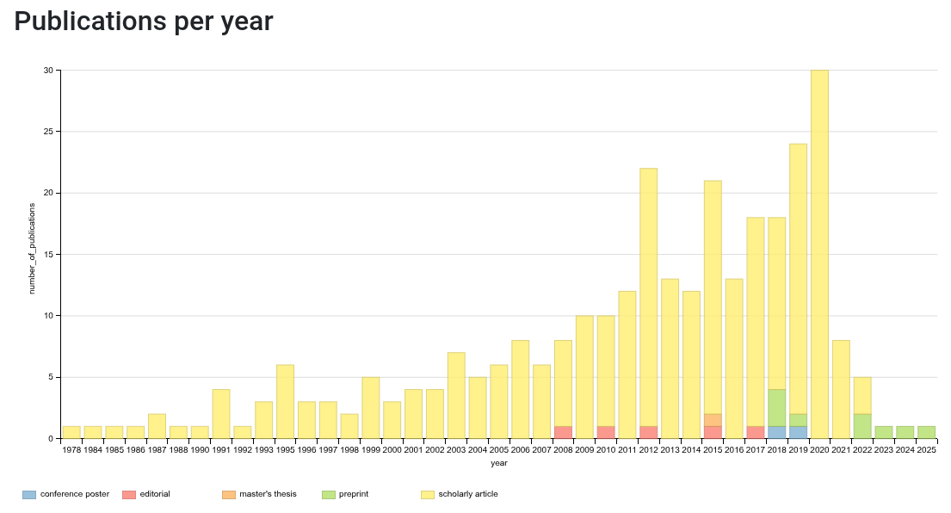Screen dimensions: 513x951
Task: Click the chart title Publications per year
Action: tap(144, 22)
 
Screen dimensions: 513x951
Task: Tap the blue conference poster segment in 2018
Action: tap(776, 432)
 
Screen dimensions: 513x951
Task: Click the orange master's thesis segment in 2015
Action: tap(713, 420)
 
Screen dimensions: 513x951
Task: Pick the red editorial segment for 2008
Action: tap(563, 432)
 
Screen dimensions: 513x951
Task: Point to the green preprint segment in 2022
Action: tap(862, 426)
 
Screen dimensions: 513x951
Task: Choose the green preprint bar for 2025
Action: tap(926, 432)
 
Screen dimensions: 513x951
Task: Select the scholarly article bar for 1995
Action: tap(285, 401)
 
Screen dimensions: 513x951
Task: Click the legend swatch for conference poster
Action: tap(29, 494)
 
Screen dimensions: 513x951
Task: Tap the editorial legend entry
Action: tap(145, 494)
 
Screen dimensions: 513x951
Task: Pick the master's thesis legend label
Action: tap(267, 494)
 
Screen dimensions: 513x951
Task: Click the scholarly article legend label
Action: tap(467, 494)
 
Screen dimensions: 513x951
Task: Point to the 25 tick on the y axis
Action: tap(49, 132)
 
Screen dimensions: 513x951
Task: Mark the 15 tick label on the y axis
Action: tap(49, 254)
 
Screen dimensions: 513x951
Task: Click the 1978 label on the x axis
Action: tap(71, 449)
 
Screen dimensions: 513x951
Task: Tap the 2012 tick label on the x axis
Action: tap(648, 449)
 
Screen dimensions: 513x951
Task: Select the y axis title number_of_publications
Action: tap(32, 249)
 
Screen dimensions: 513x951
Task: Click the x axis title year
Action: tap(498, 463)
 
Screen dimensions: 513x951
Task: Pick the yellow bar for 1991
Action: tap(221, 414)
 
